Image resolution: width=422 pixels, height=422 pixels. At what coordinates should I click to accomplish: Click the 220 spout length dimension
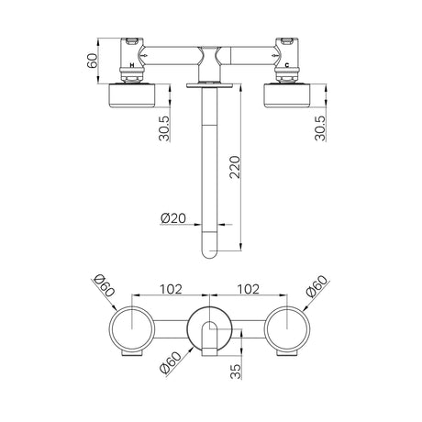tap(236, 167)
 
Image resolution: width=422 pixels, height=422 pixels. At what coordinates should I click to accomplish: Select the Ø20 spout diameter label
tap(173, 218)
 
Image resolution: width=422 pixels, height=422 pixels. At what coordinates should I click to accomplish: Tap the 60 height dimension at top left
tap(92, 61)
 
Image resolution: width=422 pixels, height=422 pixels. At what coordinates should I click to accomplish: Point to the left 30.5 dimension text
tap(164, 128)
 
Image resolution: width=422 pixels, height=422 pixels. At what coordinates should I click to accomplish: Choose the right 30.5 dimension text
tap(320, 128)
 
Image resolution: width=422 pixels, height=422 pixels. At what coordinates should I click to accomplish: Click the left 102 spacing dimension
tap(171, 289)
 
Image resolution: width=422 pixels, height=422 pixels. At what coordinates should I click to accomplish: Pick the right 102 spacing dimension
tap(249, 289)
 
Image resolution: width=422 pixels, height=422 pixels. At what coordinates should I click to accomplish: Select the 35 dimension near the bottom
tap(236, 372)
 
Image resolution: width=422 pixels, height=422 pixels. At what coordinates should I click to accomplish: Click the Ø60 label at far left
tap(104, 286)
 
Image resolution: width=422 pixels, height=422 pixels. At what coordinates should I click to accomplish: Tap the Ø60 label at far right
tap(316, 286)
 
